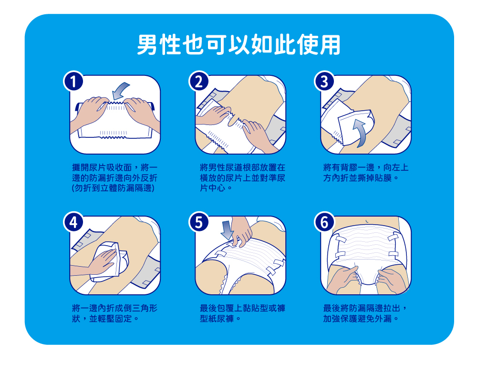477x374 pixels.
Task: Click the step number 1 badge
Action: click(x=73, y=81)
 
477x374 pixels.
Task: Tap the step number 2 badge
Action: click(x=198, y=81)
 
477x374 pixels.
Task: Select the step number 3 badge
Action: click(x=324, y=81)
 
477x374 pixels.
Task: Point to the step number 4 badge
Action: click(x=73, y=222)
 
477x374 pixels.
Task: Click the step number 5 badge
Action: click(x=198, y=222)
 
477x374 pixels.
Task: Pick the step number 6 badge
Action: click(x=324, y=222)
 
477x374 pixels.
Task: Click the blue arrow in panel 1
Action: click(x=120, y=90)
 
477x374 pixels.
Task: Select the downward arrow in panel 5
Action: click(x=227, y=230)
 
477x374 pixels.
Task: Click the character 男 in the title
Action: click(x=147, y=45)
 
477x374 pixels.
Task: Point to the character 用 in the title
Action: click(x=330, y=45)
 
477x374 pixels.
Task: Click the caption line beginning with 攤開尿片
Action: click(x=114, y=167)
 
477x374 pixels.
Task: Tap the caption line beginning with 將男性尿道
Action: click(x=242, y=167)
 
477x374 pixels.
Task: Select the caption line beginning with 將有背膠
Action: click(x=366, y=167)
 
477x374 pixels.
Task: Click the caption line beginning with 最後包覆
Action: click(x=242, y=308)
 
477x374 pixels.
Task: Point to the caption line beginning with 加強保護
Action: click(x=361, y=319)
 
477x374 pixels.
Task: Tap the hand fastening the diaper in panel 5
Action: click(x=242, y=231)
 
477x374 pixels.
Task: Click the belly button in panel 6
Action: click(x=368, y=221)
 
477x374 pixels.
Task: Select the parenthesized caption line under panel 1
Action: click(x=113, y=188)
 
